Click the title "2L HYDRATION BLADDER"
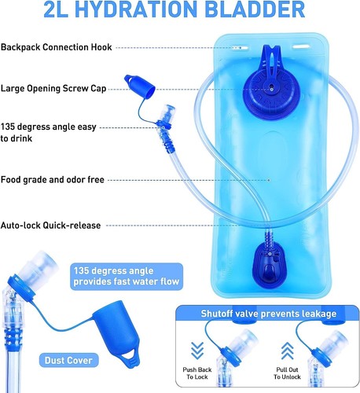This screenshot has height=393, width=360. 179,11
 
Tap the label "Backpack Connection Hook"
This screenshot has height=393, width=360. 55,47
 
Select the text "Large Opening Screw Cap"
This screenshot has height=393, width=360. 53,88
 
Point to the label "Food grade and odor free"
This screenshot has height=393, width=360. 52,180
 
